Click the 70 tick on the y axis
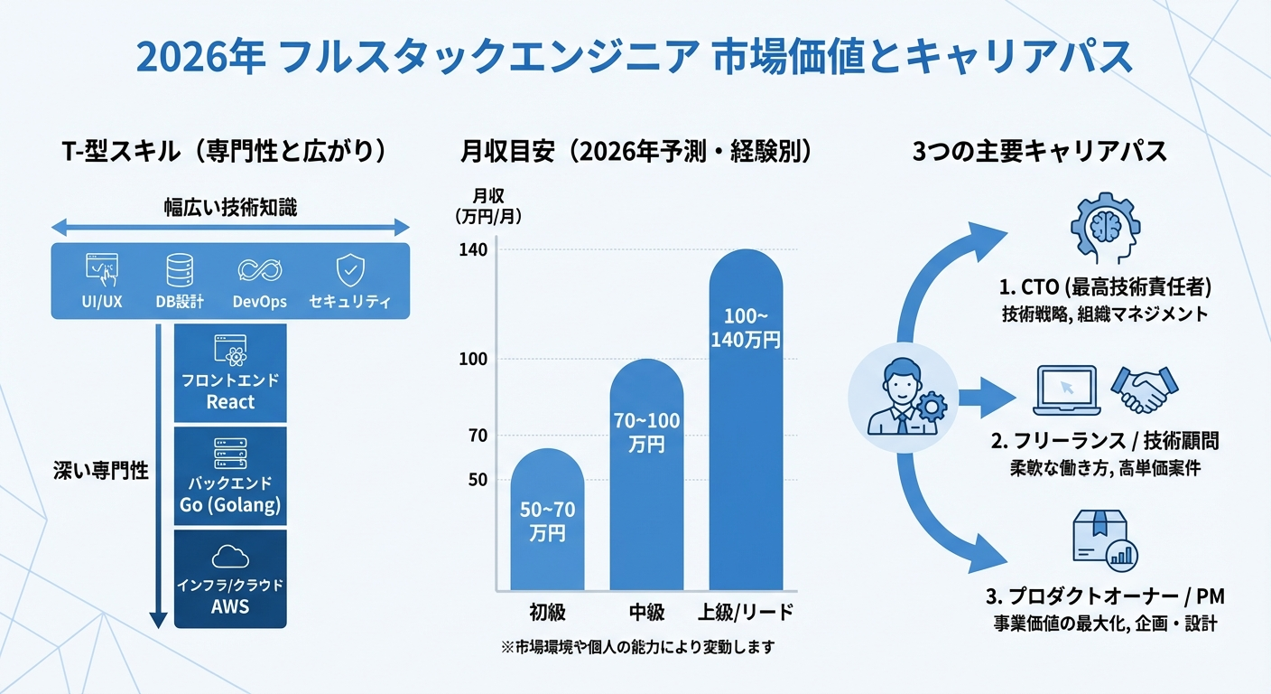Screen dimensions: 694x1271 tap(478, 436)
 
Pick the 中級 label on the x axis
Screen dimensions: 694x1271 tap(646, 612)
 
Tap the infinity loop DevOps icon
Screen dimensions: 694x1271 tap(260, 270)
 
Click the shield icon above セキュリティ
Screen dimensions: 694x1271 tap(349, 269)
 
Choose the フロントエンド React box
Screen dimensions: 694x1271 tap(230, 373)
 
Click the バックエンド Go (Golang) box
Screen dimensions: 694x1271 tap(230, 476)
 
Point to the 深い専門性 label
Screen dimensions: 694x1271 tap(100, 470)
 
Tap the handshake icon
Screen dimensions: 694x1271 tap(1145, 389)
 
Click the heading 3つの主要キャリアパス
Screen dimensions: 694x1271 tap(1040, 151)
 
